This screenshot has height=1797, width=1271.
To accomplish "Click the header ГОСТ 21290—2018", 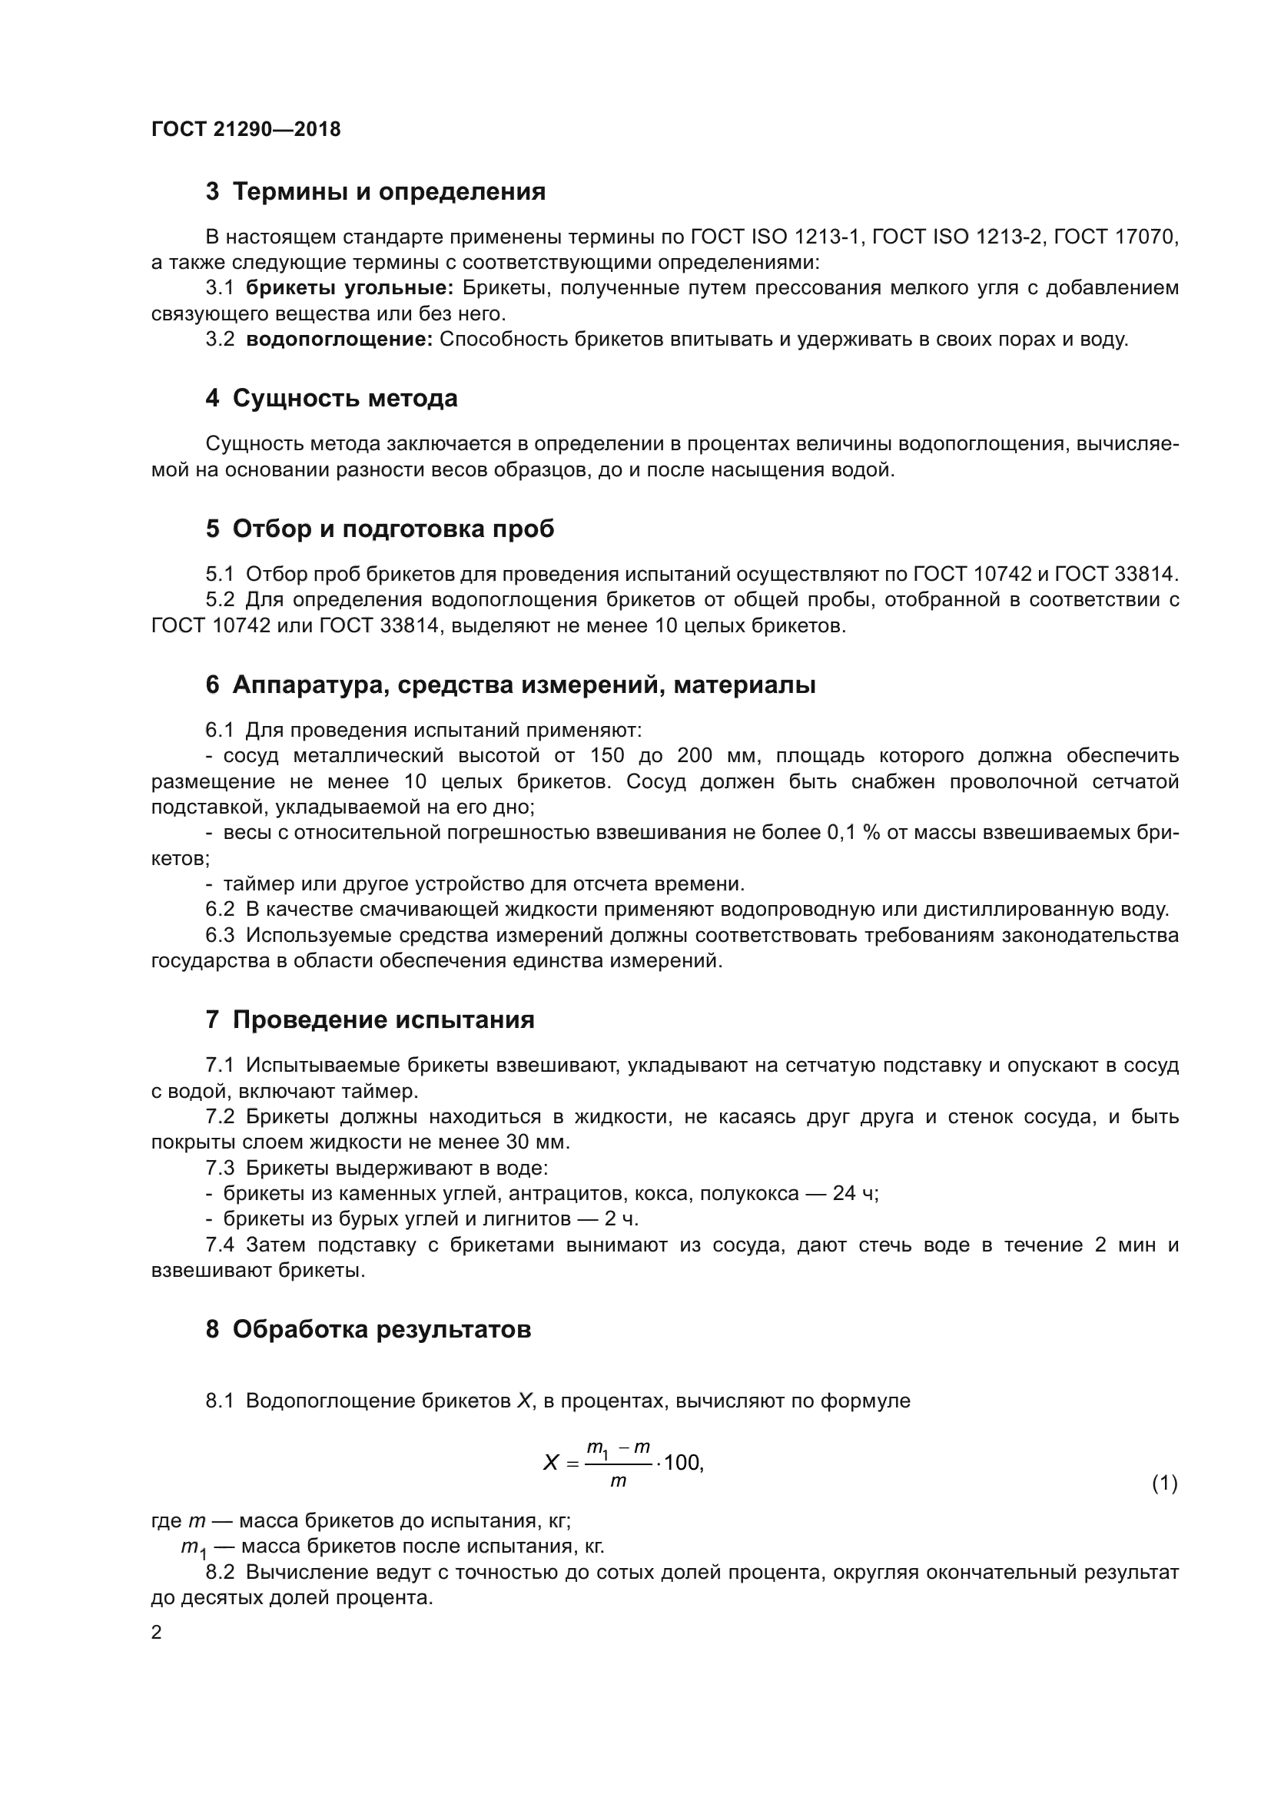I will [x=246, y=129].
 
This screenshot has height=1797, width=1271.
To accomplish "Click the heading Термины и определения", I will [x=389, y=192].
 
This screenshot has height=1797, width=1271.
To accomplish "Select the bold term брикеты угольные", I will [x=349, y=288].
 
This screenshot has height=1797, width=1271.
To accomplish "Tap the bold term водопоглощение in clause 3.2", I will [x=339, y=340].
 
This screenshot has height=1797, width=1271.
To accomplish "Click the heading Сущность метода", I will [x=344, y=399].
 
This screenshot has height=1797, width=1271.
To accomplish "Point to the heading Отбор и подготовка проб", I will [x=393, y=529].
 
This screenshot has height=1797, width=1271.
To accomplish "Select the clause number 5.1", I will [x=220, y=575].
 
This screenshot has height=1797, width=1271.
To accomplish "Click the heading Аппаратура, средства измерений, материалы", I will [x=523, y=685].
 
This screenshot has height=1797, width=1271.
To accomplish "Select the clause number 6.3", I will [x=220, y=935].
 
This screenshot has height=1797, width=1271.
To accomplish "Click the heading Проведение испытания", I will [x=383, y=1020].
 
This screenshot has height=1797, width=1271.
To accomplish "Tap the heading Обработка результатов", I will [x=382, y=1329].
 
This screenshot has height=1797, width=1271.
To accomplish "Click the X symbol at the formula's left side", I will [x=550, y=1463].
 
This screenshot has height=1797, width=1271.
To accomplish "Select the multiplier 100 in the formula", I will [x=682, y=1463].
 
